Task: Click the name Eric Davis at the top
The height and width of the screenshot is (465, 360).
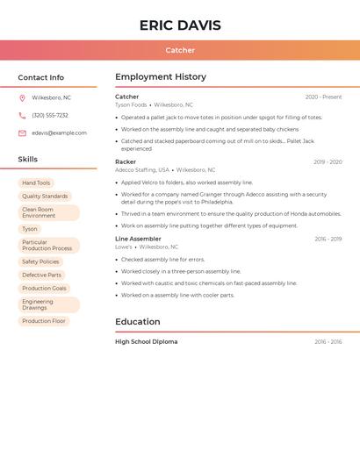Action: pos(180,25)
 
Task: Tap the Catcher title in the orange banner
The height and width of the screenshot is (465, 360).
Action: pos(180,50)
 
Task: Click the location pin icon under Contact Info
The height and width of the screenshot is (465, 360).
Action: pos(22,97)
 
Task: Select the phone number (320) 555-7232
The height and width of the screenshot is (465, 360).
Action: pos(50,115)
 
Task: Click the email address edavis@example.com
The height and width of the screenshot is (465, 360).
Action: pos(59,132)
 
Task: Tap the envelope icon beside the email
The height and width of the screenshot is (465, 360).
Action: pos(22,132)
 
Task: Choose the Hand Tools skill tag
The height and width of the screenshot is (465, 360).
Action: pos(36,182)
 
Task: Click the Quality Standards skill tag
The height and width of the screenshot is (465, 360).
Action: pos(45,197)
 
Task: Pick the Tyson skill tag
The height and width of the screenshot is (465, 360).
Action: pos(30,229)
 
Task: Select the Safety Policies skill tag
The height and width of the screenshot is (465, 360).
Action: pos(40,261)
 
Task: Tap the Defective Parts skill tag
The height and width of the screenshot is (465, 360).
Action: pos(41,275)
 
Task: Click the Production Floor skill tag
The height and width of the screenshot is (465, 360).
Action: pos(44,321)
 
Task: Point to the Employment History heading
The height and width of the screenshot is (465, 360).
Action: pos(161,76)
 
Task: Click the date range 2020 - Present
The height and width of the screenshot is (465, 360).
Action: pos(323,97)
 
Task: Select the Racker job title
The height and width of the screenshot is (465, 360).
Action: pos(126,161)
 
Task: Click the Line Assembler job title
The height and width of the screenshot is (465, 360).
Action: pos(138,239)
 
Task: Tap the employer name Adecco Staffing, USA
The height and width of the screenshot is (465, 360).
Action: pos(142,170)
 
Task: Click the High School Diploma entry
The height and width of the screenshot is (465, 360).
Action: pos(146,341)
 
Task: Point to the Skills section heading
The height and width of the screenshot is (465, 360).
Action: pos(28,159)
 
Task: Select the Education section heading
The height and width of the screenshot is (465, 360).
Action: pos(138,321)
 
